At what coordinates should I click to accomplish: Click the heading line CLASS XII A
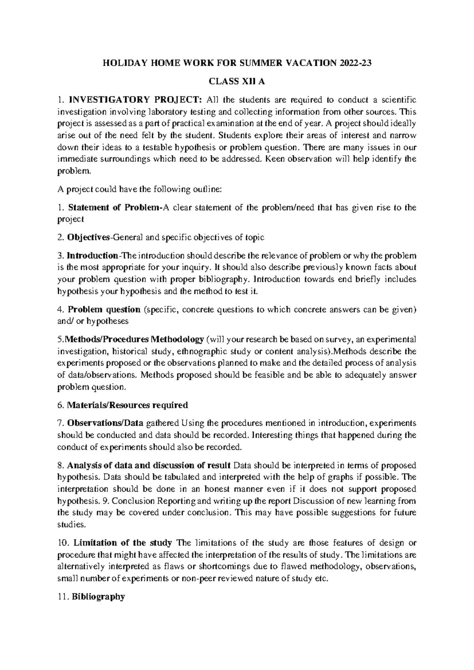[x=237, y=81]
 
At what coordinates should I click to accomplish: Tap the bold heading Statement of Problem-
[x=115, y=207]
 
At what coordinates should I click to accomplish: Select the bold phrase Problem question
[x=104, y=309]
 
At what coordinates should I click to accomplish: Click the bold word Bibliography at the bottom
[x=98, y=597]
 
